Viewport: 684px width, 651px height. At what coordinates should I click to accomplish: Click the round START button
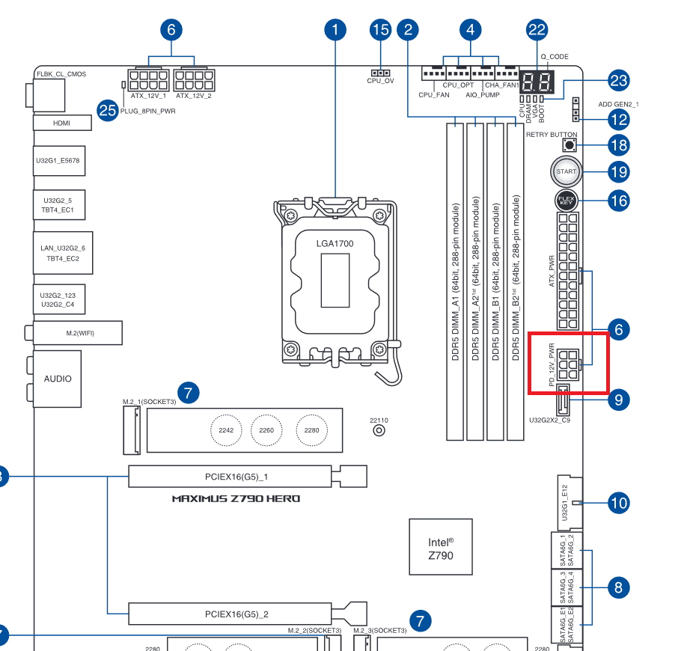click(x=567, y=172)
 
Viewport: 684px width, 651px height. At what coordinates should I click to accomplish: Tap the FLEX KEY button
click(x=567, y=201)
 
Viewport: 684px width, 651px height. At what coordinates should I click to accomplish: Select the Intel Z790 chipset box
click(x=441, y=548)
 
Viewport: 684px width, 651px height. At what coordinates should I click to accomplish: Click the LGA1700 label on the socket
click(x=335, y=244)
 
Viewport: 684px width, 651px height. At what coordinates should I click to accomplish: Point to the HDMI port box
click(x=61, y=122)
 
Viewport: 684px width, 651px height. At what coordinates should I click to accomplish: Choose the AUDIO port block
click(x=58, y=378)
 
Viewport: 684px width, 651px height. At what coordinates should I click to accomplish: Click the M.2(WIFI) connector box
click(x=77, y=332)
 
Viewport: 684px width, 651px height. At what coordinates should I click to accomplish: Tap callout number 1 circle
click(x=335, y=31)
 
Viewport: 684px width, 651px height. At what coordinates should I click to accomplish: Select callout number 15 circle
click(x=380, y=31)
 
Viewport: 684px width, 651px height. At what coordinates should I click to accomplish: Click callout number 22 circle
click(x=537, y=31)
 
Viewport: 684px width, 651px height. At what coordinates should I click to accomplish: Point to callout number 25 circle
click(x=109, y=111)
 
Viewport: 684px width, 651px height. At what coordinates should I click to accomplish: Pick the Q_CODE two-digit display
click(x=537, y=83)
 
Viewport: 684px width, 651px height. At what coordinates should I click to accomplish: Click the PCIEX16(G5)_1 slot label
click(x=236, y=476)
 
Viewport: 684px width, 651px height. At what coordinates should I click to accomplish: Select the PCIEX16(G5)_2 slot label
click(x=236, y=614)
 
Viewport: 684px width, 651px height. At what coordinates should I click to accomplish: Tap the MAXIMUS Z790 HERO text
click(x=236, y=498)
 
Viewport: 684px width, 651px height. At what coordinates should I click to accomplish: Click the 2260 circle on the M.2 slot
click(x=268, y=430)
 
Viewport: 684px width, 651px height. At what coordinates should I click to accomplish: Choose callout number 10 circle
click(x=618, y=503)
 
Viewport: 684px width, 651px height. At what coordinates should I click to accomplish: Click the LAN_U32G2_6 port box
click(x=63, y=252)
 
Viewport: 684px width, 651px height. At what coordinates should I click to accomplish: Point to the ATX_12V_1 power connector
click(x=147, y=80)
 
